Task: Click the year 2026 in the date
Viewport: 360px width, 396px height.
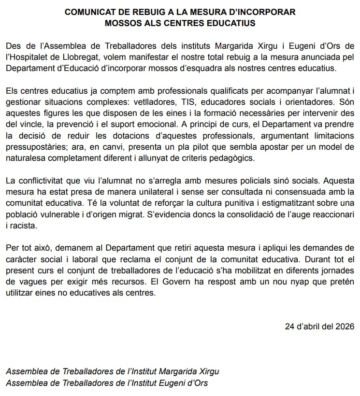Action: click(x=345, y=326)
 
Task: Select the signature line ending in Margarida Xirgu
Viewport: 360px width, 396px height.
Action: click(x=112, y=371)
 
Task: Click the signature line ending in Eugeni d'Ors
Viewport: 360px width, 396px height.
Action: click(x=106, y=382)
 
